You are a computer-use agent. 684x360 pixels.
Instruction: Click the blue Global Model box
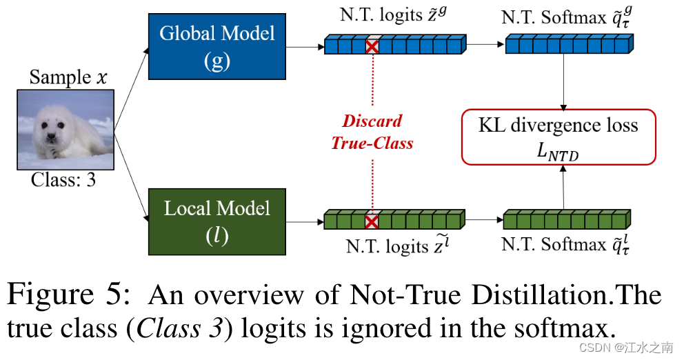pos(217,46)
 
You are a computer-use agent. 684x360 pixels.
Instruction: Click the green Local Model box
pos(217,221)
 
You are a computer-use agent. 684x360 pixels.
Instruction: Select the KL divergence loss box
pos(559,137)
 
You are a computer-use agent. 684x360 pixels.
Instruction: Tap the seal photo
pos(66,130)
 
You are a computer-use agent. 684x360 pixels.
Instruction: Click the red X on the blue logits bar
pos(372,46)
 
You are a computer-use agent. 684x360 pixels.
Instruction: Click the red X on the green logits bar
pos(372,221)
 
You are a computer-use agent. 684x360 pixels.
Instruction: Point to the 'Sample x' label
pos(68,77)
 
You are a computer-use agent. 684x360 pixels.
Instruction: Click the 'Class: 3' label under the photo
pos(63,181)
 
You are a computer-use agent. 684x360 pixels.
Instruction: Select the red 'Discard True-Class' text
pos(372,132)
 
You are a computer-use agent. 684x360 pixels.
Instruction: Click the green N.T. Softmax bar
pos(565,220)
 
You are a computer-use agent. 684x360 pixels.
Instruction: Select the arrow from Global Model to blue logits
pos(305,48)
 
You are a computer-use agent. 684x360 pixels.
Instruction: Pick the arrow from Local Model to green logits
pos(305,222)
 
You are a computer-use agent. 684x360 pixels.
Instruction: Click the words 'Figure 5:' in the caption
pos(69,295)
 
